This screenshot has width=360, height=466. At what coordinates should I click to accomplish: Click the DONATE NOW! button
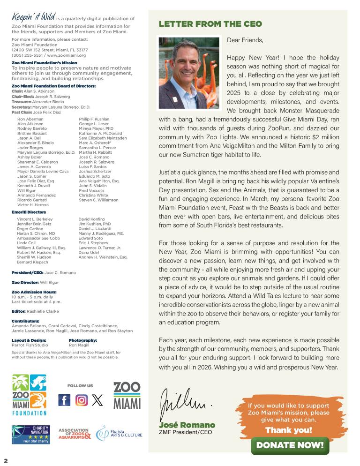tap(290, 445)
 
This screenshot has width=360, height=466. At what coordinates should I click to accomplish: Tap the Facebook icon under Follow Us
tap(64, 400)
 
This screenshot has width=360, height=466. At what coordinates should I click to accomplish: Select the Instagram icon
tap(82, 400)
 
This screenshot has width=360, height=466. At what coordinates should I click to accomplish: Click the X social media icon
tap(97, 400)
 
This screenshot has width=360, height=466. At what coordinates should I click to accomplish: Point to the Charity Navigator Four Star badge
tap(31, 435)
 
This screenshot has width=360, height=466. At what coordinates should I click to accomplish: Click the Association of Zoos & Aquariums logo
tap(74, 434)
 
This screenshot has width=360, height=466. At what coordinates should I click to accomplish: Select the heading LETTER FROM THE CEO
tap(210, 24)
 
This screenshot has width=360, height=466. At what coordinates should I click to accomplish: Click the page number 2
tap(6, 460)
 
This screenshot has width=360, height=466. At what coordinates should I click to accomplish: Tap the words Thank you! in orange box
tap(288, 430)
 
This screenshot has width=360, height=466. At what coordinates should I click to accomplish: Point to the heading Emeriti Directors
tap(29, 212)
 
